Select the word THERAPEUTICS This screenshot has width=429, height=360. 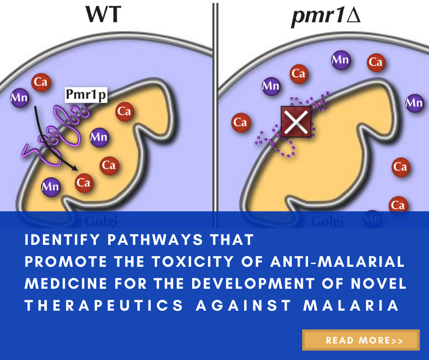(x=104, y=306)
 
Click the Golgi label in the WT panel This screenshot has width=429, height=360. (x=102, y=222)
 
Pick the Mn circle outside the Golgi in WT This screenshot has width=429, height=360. (x=20, y=97)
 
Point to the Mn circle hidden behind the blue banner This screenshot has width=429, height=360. (x=372, y=218)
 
